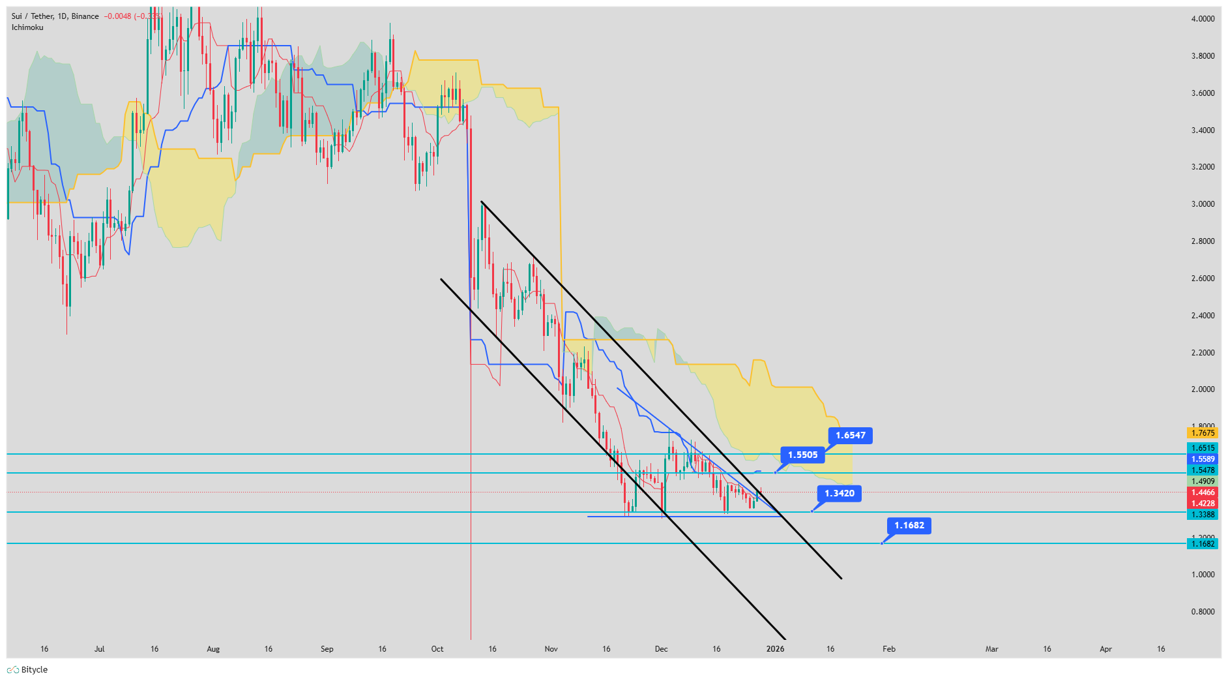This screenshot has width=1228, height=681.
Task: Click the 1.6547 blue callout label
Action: [850, 435]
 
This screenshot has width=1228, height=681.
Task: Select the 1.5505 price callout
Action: [802, 455]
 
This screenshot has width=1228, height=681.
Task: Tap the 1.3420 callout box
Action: [839, 493]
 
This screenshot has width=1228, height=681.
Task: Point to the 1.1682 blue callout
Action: [909, 525]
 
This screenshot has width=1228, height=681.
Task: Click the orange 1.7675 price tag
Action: [1203, 433]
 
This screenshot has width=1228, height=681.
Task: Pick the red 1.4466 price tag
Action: [1203, 492]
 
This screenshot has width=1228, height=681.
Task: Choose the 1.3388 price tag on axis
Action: [1203, 515]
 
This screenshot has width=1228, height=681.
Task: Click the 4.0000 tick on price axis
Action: [1203, 19]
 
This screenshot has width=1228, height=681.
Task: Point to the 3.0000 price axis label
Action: [1203, 204]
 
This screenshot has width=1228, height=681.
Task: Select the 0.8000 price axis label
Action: [1203, 612]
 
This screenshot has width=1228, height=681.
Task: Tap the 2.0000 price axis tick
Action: [1203, 389]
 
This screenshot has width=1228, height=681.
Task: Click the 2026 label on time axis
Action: [775, 649]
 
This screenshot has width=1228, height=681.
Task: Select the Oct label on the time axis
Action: [437, 649]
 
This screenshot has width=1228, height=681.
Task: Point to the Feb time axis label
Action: [888, 649]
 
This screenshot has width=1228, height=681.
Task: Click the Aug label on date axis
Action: [213, 649]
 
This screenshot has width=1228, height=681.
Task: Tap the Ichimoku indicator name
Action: [27, 27]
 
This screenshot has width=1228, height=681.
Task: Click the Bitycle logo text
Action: [34, 670]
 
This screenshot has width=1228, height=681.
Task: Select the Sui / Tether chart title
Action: [33, 16]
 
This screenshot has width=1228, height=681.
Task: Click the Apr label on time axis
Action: [1105, 649]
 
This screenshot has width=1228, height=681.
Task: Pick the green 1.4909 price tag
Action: [1203, 481]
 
